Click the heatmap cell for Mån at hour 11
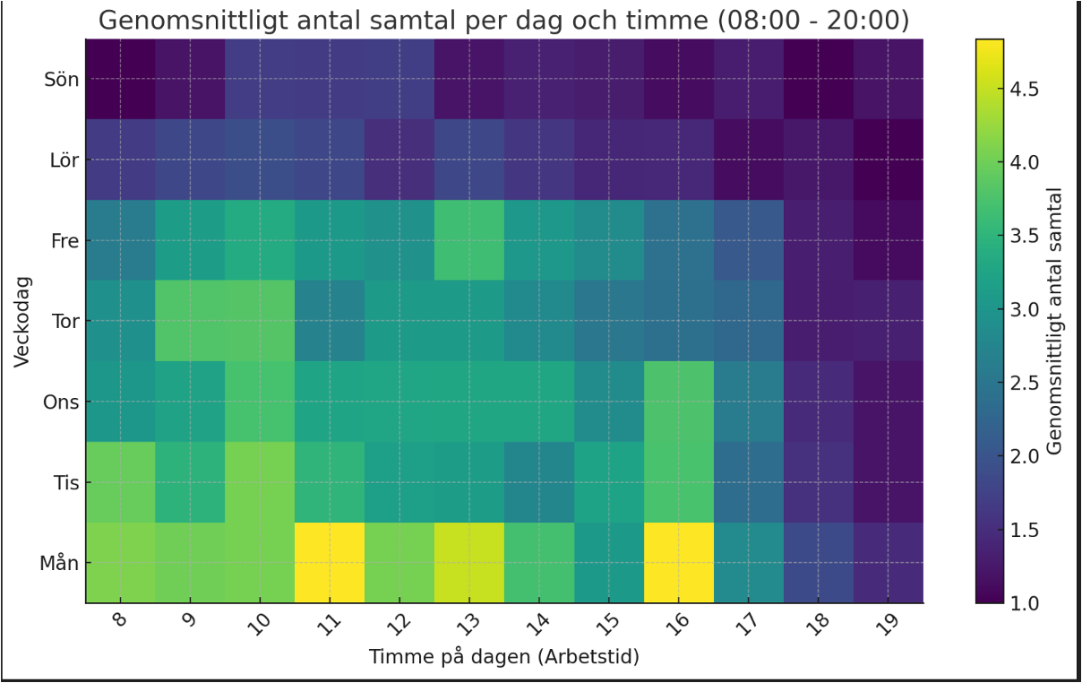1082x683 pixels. [x=330, y=563]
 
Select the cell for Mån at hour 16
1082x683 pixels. [x=679, y=563]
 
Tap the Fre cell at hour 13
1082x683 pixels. [x=469, y=240]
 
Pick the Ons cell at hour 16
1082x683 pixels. [x=679, y=402]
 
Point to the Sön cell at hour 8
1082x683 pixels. [x=120, y=79]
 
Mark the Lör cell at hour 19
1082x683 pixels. [x=889, y=160]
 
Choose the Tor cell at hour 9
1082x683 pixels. [x=190, y=321]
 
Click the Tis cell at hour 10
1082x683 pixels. [x=260, y=482]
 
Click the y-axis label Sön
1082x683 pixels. [x=61, y=79]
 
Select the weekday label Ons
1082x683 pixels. [x=61, y=402]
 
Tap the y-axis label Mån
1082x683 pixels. [x=59, y=563]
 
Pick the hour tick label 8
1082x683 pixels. [x=120, y=622]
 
